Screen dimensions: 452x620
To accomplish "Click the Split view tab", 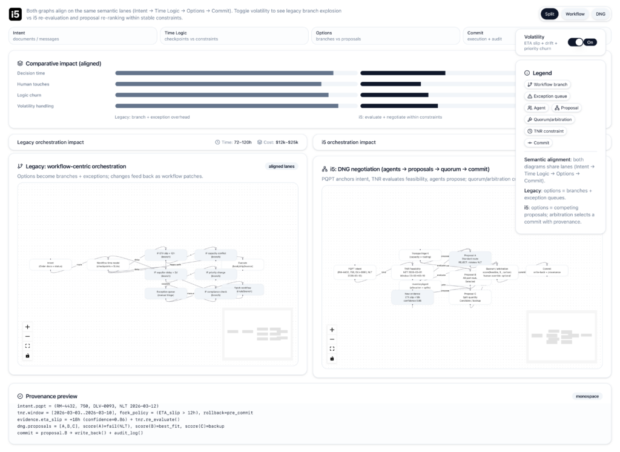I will point(549,14).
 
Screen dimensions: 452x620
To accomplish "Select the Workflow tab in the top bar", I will point(575,14).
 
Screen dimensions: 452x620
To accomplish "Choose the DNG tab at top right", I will point(600,14).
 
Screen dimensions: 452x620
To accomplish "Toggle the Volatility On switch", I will point(582,42).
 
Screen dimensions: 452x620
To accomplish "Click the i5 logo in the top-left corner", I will point(16,14).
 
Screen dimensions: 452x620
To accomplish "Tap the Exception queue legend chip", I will point(547,96).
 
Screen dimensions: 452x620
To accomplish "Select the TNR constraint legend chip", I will point(545,131).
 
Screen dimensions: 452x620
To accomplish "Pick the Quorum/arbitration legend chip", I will point(549,119).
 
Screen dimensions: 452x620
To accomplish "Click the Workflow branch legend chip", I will point(547,84).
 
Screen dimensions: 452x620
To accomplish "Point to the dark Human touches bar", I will point(391,84).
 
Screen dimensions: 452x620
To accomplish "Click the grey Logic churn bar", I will point(222,95).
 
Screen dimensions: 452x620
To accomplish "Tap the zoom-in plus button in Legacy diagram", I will point(27,327).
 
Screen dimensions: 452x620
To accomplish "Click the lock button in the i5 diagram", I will point(332,359).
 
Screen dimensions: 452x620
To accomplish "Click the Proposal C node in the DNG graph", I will point(470,297).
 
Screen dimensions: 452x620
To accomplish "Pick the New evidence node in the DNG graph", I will point(412,297).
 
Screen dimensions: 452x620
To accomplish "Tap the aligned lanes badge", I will point(282,166).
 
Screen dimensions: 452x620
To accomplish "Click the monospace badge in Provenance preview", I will point(587,396).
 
